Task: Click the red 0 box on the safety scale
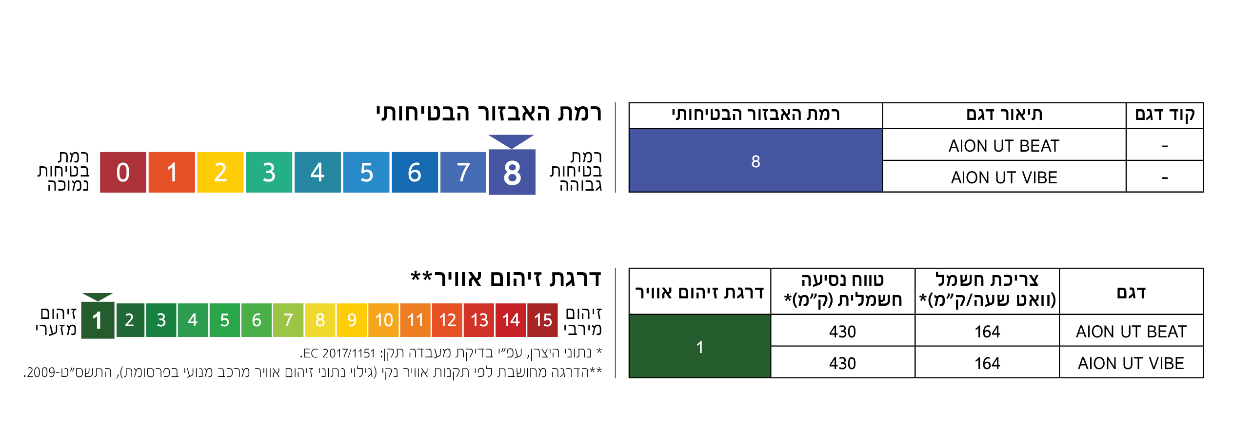[x=123, y=172]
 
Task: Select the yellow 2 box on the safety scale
[x=220, y=172]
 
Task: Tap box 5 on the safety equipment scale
[x=366, y=172]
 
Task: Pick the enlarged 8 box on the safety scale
[x=512, y=172]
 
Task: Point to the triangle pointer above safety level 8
[x=511, y=141]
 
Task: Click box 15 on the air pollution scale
[x=542, y=320]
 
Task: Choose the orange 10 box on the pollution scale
[x=384, y=320]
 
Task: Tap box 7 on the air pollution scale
[x=288, y=320]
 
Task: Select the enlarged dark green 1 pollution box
[x=98, y=320]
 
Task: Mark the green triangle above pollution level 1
[x=98, y=297]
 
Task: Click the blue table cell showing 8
[x=756, y=160]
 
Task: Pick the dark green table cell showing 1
[x=700, y=346]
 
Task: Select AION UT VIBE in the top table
[x=1004, y=177]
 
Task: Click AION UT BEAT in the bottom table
[x=1131, y=332]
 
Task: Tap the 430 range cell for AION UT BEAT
[x=842, y=331]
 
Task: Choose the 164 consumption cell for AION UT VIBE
[x=987, y=363]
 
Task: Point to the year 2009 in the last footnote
[x=43, y=373]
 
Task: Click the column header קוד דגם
[x=1165, y=115]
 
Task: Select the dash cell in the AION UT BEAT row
[x=1165, y=146]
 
